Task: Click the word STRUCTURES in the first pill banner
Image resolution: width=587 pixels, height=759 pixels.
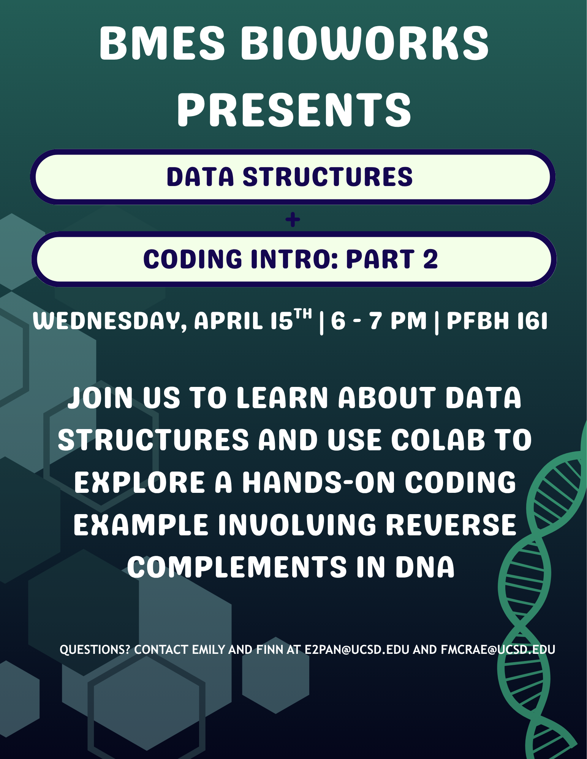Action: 328,177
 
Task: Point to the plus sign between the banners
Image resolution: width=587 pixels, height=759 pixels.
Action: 293,220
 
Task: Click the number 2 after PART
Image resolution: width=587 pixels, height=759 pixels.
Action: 430,259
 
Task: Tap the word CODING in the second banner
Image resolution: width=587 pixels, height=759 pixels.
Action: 193,259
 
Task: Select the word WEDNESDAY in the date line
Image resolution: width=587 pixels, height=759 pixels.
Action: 109,321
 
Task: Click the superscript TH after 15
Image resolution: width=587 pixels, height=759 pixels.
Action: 303,314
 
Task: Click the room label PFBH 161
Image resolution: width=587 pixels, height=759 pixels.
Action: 497,321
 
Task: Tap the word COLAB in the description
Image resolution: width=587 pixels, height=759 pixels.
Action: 438,440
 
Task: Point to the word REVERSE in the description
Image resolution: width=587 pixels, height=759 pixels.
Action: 451,525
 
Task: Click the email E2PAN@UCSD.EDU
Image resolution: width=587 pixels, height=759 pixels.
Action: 357,650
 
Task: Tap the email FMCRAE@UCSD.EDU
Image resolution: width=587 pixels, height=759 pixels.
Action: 498,650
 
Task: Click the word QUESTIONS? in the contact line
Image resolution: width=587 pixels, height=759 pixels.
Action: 95,650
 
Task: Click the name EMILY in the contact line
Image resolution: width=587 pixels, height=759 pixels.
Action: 209,650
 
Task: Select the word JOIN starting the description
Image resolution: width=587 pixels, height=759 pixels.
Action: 100,398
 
